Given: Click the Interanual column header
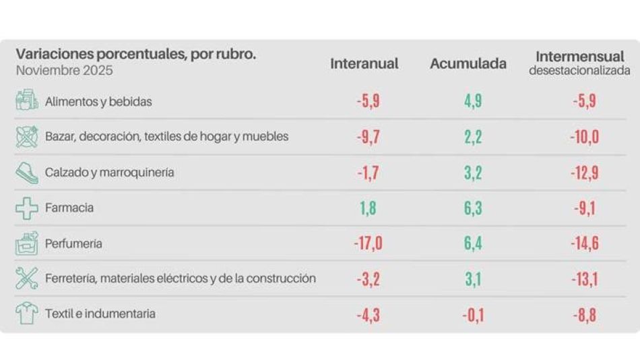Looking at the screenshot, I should [x=364, y=64].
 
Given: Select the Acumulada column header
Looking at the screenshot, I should [x=468, y=64].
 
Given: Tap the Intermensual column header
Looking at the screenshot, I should [x=579, y=57].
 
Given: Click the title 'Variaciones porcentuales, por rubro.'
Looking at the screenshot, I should [x=135, y=54].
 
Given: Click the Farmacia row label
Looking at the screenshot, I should [x=69, y=208].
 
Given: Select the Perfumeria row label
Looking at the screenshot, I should [x=73, y=243].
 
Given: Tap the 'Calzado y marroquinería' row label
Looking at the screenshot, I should [x=109, y=173].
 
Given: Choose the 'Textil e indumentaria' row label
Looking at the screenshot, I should [x=100, y=313].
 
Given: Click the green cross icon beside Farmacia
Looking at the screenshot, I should [x=27, y=208].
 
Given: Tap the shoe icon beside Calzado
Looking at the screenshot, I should [x=27, y=173].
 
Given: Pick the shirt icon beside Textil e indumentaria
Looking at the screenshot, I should [x=27, y=313].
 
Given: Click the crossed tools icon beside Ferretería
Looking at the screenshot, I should [x=27, y=278].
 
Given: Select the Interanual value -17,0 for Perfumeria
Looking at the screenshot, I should [x=368, y=243].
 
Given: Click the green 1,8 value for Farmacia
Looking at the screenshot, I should [x=368, y=208].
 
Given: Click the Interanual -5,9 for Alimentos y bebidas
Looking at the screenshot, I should [x=368, y=102].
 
